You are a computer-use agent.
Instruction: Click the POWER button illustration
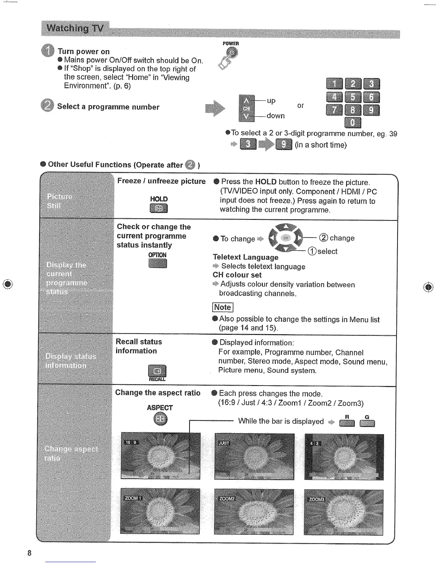click(x=232, y=54)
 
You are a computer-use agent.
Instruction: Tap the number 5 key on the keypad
click(x=353, y=97)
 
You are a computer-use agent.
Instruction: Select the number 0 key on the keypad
click(x=353, y=122)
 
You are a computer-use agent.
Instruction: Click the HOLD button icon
click(x=159, y=208)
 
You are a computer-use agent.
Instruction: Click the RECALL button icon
click(x=157, y=371)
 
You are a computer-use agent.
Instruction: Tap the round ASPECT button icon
click(x=160, y=419)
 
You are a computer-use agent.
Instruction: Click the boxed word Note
click(x=222, y=307)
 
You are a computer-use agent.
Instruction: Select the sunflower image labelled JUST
click(x=254, y=457)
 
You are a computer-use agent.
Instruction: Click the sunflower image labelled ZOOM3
click(x=343, y=512)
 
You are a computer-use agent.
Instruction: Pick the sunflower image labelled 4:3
click(x=344, y=457)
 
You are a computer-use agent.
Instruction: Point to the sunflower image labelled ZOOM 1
click(x=160, y=511)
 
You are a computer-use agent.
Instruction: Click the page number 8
click(x=29, y=553)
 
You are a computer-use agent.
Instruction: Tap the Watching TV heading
click(x=75, y=28)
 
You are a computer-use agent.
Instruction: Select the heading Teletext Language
click(x=245, y=257)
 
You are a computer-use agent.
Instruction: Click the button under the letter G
click(x=367, y=424)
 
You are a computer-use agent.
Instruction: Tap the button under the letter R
click(x=347, y=424)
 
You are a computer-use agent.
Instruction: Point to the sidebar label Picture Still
click(x=59, y=201)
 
